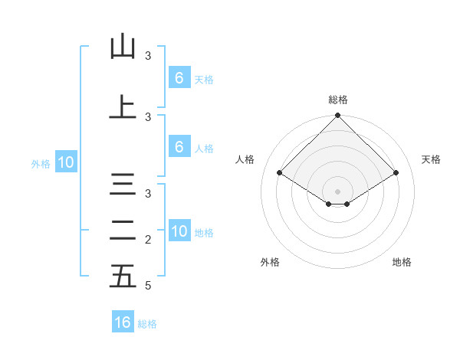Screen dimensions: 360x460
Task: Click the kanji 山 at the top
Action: tap(123, 47)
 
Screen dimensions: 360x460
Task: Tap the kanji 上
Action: tap(123, 108)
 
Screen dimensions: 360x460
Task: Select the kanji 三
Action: tap(123, 185)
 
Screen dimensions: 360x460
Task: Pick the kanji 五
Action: tap(123, 276)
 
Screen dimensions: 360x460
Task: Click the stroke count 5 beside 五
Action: tap(147, 286)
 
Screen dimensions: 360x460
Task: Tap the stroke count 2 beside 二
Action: tap(147, 240)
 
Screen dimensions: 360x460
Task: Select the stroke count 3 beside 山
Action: tap(148, 56)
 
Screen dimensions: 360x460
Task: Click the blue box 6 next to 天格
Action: tap(179, 77)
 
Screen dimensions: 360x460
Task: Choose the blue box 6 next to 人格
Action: tap(179, 147)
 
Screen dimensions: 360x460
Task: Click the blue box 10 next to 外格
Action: tap(65, 162)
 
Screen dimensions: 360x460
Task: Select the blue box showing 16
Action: tap(123, 322)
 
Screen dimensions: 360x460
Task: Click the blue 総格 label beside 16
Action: tap(147, 324)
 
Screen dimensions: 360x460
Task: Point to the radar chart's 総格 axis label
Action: tap(337, 100)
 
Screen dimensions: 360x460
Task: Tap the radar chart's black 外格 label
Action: tap(270, 262)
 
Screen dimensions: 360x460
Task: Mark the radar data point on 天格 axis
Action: tap(396, 173)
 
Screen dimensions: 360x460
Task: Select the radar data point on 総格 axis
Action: tap(337, 116)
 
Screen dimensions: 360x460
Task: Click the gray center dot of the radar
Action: tap(337, 191)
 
